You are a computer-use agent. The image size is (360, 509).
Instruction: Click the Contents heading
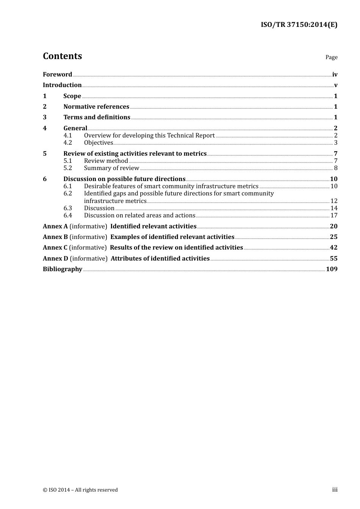[62, 56]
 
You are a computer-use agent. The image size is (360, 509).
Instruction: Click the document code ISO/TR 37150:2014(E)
[299, 25]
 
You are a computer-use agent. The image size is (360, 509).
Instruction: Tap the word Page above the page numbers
[331, 57]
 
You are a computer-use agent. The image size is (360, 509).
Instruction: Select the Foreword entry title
[57, 74]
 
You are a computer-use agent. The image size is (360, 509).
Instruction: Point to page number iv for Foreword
[335, 75]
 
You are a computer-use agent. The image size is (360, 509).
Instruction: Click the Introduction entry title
[62, 85]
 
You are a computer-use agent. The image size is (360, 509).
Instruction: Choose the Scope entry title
[72, 96]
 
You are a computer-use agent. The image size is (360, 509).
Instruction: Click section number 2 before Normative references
[45, 106]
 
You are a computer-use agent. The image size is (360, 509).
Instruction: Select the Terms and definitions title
[97, 117]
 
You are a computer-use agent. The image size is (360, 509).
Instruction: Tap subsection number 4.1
[67, 135]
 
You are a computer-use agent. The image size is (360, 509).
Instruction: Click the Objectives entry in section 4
[99, 142]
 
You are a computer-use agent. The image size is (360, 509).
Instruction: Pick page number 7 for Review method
[335, 161]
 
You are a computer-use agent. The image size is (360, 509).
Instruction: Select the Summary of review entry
[111, 168]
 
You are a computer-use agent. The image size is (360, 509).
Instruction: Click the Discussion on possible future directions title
[124, 179]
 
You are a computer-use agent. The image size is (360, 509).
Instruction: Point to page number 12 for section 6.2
[334, 201]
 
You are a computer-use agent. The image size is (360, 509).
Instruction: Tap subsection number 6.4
[67, 215]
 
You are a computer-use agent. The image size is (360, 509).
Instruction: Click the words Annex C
[55, 247]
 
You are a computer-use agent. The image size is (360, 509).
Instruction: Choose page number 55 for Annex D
[333, 258]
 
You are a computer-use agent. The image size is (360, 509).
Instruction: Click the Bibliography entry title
[63, 269]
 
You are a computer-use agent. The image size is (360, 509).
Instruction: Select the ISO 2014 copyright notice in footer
[80, 490]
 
